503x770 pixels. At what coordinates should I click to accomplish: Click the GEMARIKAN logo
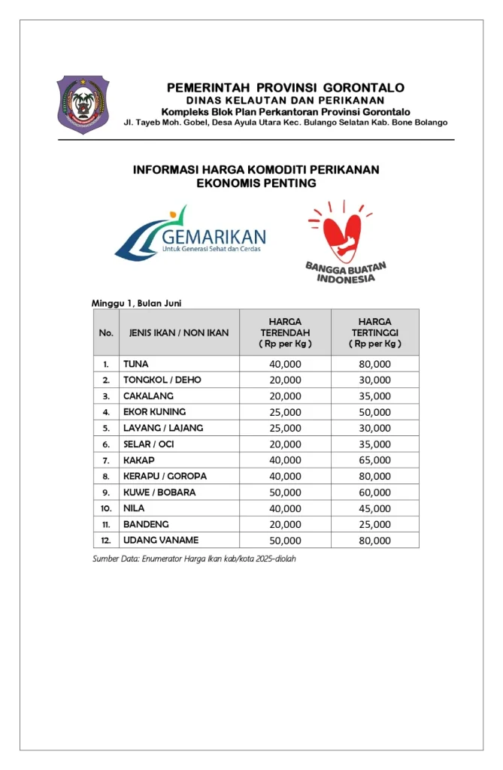(191, 234)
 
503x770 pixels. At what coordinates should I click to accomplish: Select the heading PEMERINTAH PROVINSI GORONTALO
(285, 88)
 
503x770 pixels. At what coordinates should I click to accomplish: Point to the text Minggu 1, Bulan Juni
(136, 303)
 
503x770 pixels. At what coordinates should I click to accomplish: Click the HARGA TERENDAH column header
(285, 332)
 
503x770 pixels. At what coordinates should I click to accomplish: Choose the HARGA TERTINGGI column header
(374, 332)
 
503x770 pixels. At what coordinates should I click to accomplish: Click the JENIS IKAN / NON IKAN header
(179, 332)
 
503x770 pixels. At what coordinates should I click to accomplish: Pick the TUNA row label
(136, 364)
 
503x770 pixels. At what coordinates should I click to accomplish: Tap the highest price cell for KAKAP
(374, 460)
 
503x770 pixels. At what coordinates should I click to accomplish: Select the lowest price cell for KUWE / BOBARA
(285, 493)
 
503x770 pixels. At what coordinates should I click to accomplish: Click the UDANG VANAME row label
(161, 541)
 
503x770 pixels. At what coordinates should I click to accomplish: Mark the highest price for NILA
(374, 508)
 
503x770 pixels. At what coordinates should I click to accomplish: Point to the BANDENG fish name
(146, 524)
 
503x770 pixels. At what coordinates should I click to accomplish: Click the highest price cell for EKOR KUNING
(374, 412)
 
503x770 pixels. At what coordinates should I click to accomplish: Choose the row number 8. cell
(107, 477)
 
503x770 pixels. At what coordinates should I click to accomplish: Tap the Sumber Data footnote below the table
(194, 559)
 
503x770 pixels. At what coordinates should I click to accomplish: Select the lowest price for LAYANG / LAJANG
(285, 428)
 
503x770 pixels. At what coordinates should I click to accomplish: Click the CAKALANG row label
(148, 396)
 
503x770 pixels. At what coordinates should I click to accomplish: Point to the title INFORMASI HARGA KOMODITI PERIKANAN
(256, 170)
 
